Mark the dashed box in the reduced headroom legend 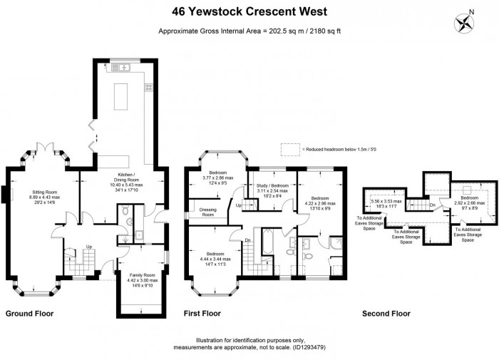click(x=290, y=149)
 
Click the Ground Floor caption click(x=29, y=313)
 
